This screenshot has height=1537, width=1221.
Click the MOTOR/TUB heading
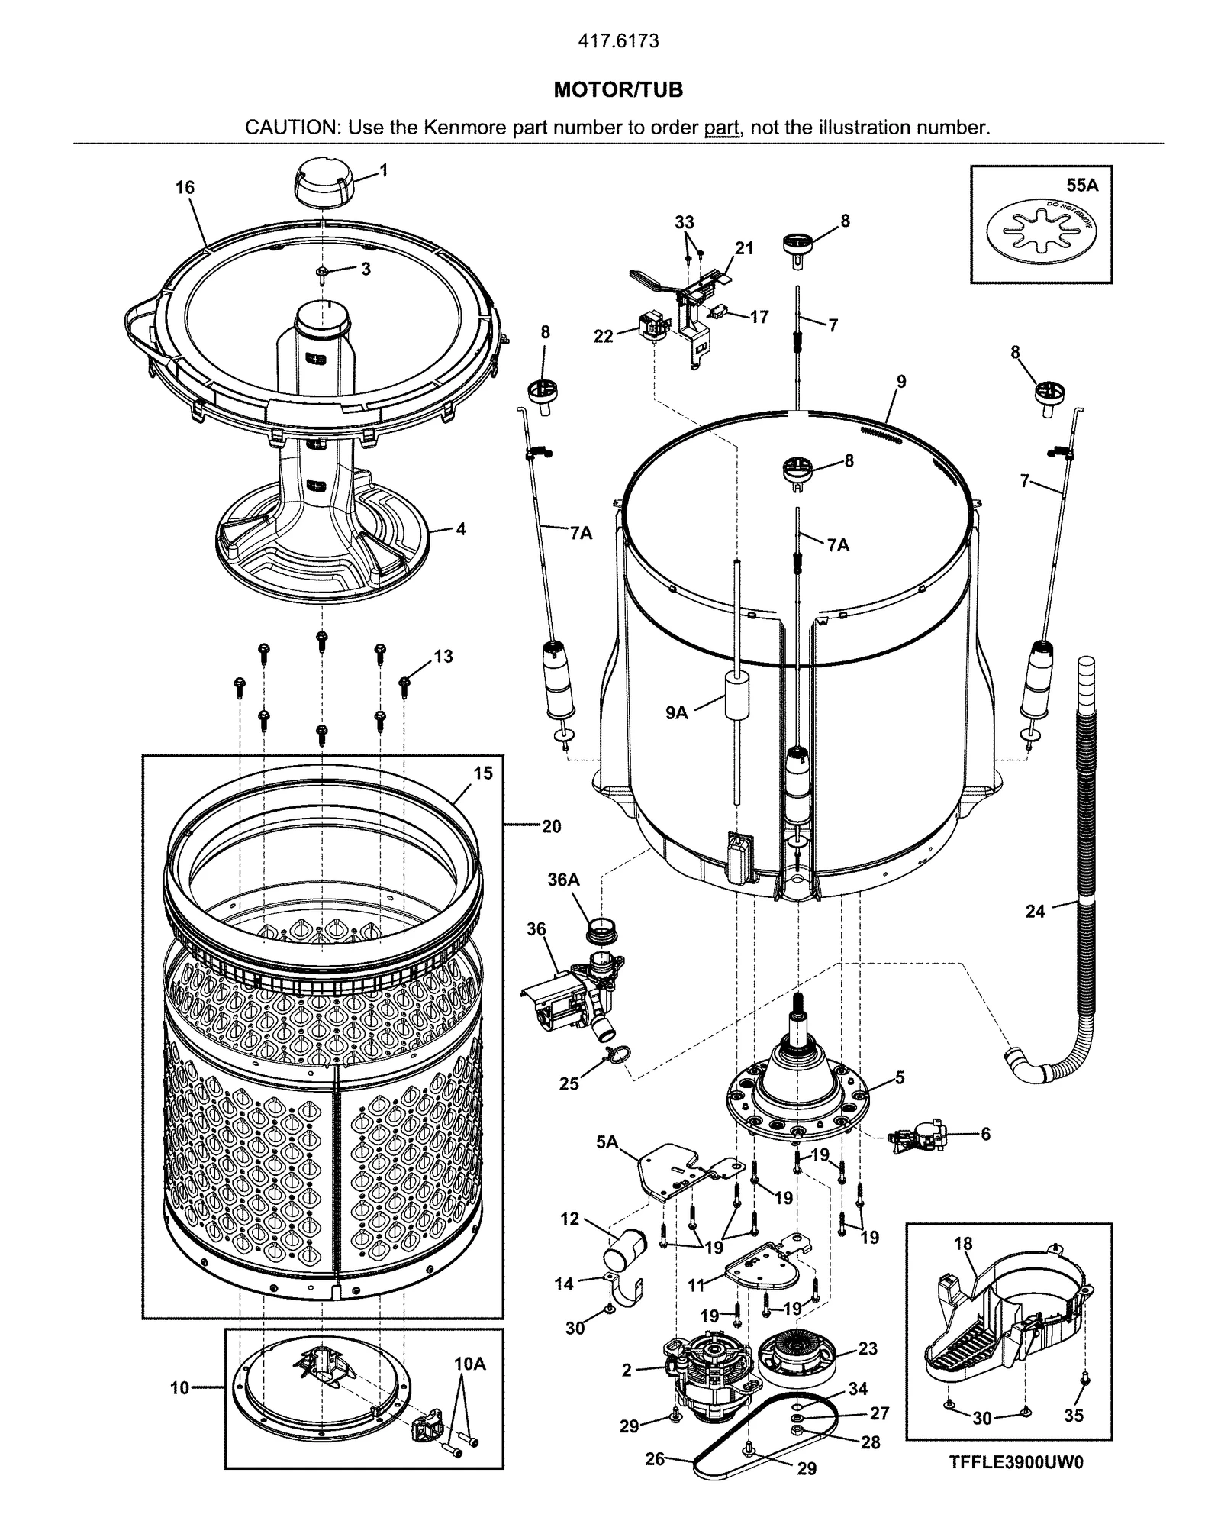617,90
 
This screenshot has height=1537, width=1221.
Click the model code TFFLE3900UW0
1016,1462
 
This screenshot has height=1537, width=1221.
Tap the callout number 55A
1081,185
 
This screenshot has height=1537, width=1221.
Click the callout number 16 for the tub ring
185,188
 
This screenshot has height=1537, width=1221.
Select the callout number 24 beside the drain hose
1034,911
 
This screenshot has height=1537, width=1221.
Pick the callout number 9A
676,713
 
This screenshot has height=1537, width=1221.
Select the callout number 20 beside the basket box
551,826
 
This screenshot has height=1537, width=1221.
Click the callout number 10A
469,1364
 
